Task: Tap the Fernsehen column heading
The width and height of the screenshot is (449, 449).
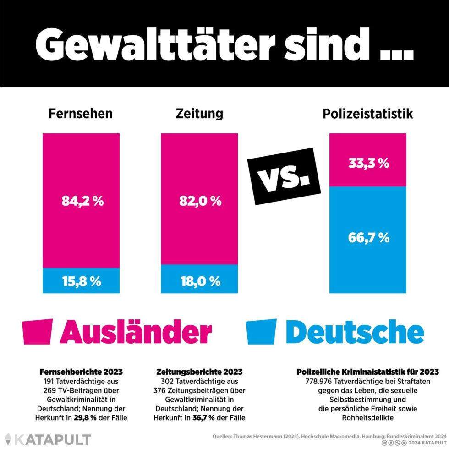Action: [81, 114]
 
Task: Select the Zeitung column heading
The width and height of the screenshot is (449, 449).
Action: [199, 114]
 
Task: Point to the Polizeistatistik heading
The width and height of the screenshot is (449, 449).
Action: [368, 114]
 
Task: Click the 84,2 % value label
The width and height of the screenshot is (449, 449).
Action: [81, 201]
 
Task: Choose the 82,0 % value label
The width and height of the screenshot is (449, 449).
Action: [199, 201]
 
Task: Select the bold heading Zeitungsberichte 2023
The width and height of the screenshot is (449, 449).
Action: [199, 372]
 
